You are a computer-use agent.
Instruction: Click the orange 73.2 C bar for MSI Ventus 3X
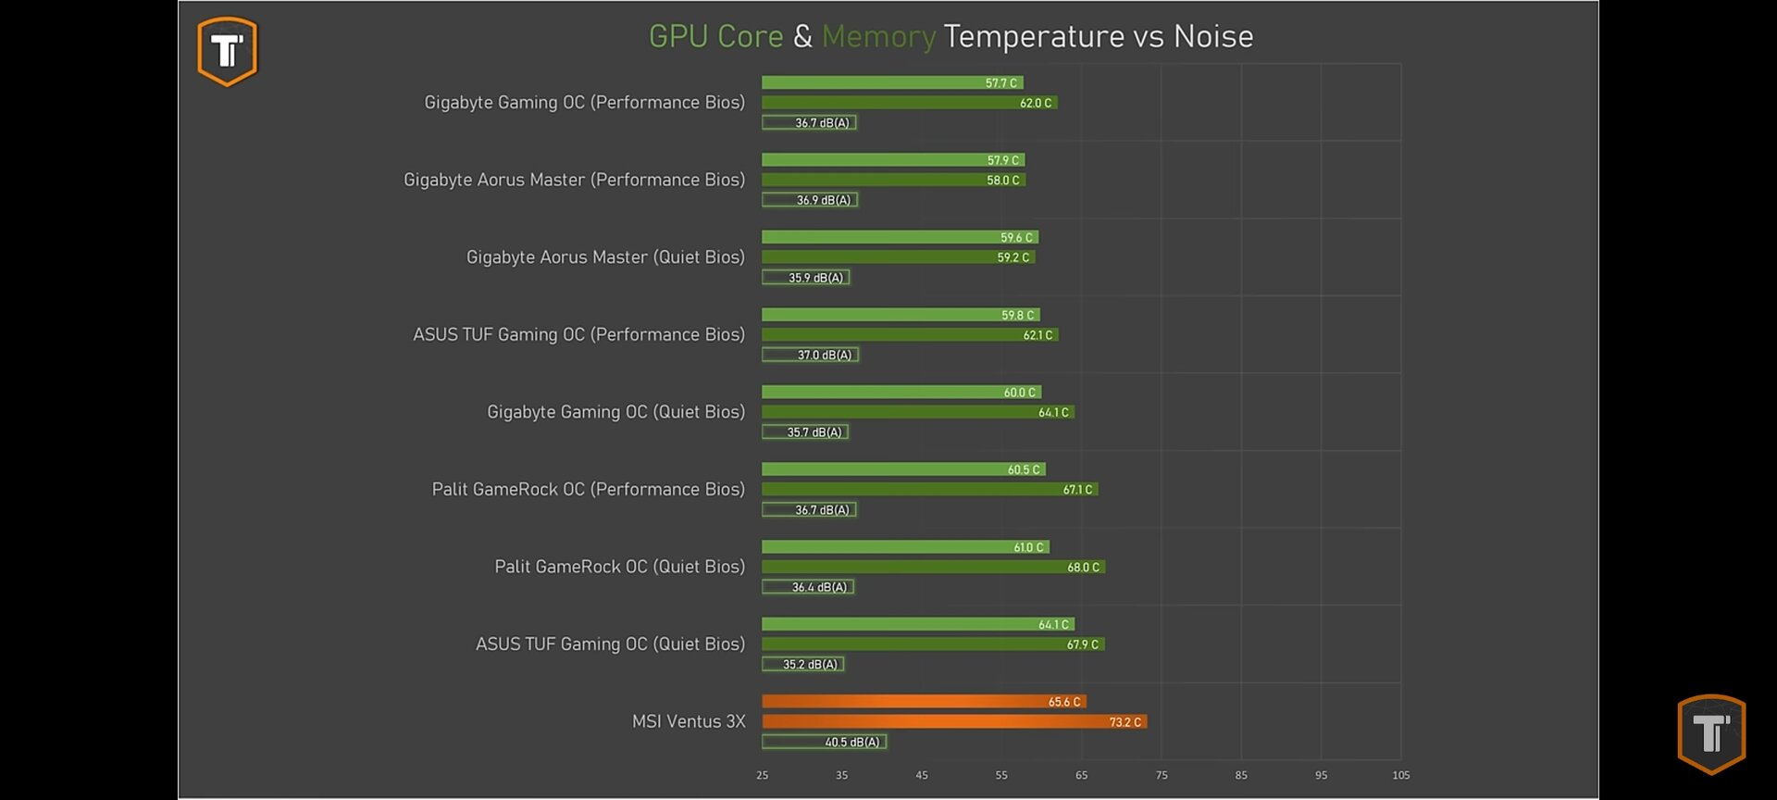953,722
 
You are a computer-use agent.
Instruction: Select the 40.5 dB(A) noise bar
824,742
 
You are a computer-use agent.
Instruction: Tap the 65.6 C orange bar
923,702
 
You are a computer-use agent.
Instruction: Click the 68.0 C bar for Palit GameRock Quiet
933,567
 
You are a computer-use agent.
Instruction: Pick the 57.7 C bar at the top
892,82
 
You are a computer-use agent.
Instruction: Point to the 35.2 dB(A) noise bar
802,664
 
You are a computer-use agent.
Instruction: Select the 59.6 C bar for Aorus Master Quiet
900,237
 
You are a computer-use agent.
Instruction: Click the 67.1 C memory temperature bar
929,489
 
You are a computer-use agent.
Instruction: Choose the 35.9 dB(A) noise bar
805,277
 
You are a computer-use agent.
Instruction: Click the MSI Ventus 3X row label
689,721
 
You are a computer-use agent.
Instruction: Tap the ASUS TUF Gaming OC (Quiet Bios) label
610,644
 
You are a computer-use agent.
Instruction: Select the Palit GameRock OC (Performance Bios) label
588,489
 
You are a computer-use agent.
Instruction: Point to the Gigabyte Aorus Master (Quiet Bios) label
605,256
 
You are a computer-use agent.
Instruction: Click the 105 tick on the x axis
1400,775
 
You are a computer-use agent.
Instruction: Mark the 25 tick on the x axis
762,775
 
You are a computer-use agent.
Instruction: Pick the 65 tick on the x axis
1081,775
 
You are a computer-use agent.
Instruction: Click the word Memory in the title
878,37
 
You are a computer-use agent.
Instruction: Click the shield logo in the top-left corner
227,52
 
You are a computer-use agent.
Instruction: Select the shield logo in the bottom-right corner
1711,733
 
